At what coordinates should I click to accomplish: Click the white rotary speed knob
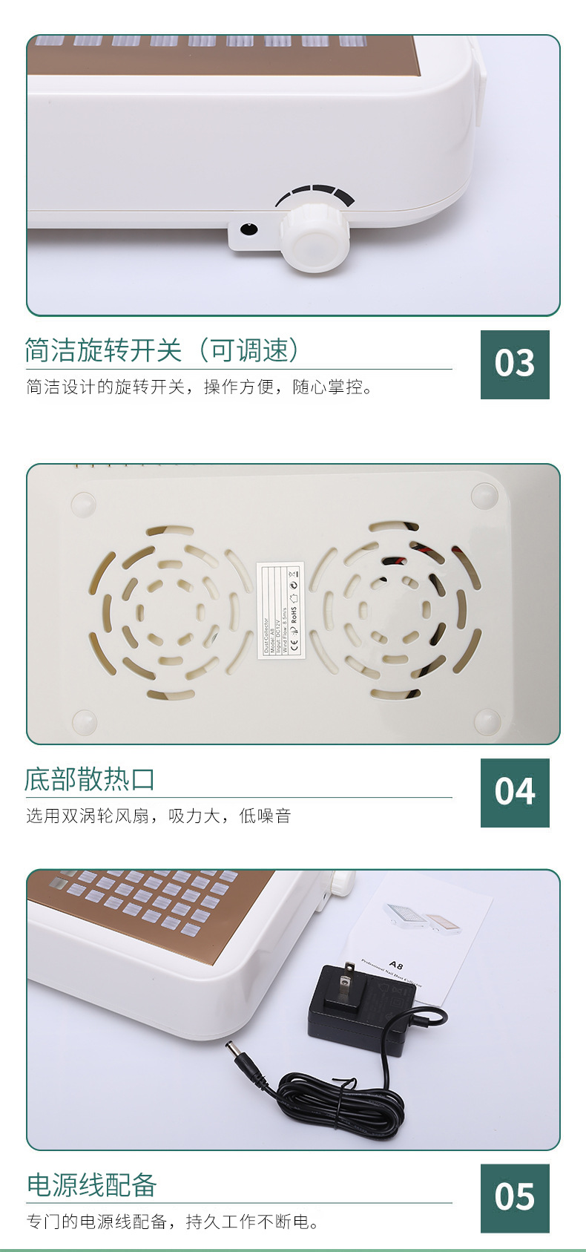[x=315, y=237]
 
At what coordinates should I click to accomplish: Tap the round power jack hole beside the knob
[x=249, y=229]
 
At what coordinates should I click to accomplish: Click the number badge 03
[x=515, y=364]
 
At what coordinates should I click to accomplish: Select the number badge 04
[x=515, y=793]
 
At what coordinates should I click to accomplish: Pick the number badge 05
[x=515, y=1198]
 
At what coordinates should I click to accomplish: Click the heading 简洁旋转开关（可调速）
[x=162, y=350]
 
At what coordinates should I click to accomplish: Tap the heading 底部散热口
[x=90, y=779]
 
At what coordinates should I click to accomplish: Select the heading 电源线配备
[x=92, y=1185]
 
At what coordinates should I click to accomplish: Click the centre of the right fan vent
[x=395, y=612]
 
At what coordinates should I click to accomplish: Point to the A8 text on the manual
[x=396, y=966]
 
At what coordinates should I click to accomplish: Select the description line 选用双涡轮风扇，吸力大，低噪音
[x=159, y=816]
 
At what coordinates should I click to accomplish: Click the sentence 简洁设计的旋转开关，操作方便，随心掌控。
[x=200, y=387]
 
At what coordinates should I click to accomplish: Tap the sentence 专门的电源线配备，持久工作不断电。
[x=173, y=1222]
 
